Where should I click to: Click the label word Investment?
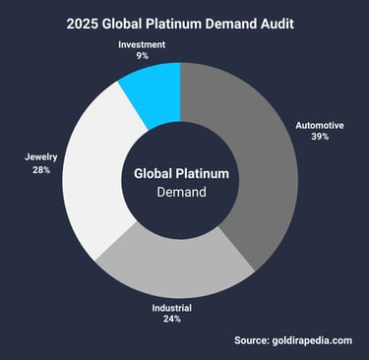[143, 45]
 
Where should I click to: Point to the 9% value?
[143, 58]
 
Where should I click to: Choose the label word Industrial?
[171, 308]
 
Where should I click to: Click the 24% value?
[171, 321]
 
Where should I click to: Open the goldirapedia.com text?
[316, 340]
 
